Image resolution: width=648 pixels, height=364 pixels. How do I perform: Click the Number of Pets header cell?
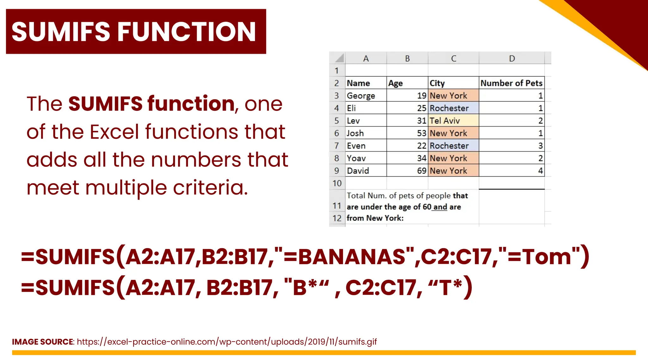(511, 83)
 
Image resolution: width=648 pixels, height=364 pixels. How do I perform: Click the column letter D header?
(512, 58)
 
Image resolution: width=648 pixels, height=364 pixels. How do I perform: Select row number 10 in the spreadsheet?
(337, 183)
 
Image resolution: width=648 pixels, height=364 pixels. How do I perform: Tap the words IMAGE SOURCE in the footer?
(42, 342)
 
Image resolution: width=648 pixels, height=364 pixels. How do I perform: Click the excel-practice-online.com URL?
(227, 342)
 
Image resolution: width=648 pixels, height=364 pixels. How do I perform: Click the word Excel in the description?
(114, 132)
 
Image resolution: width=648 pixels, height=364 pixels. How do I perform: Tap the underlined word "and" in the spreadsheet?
(440, 207)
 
